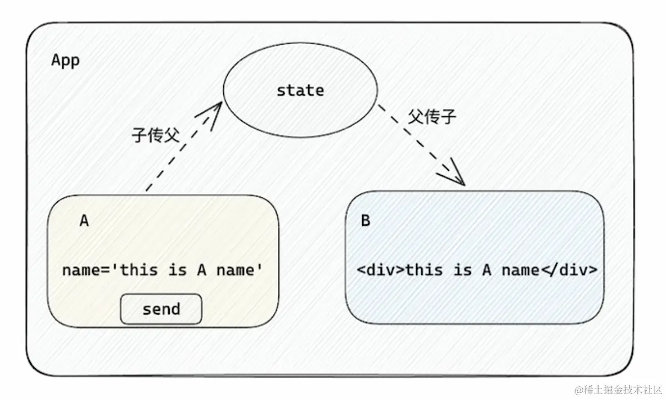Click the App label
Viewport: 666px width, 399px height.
65,60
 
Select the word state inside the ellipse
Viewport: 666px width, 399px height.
300,90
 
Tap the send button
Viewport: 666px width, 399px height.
161,309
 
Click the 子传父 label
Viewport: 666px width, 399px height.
155,135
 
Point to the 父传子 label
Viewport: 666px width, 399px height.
432,117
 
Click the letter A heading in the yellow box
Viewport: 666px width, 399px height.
84,221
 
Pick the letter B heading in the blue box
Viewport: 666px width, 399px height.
366,221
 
